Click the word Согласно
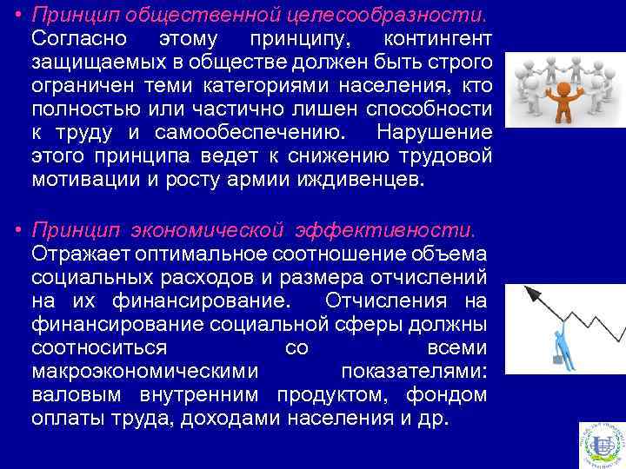(x=79, y=40)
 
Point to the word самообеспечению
(x=249, y=134)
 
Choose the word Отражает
(x=85, y=254)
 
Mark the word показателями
(x=414, y=371)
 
